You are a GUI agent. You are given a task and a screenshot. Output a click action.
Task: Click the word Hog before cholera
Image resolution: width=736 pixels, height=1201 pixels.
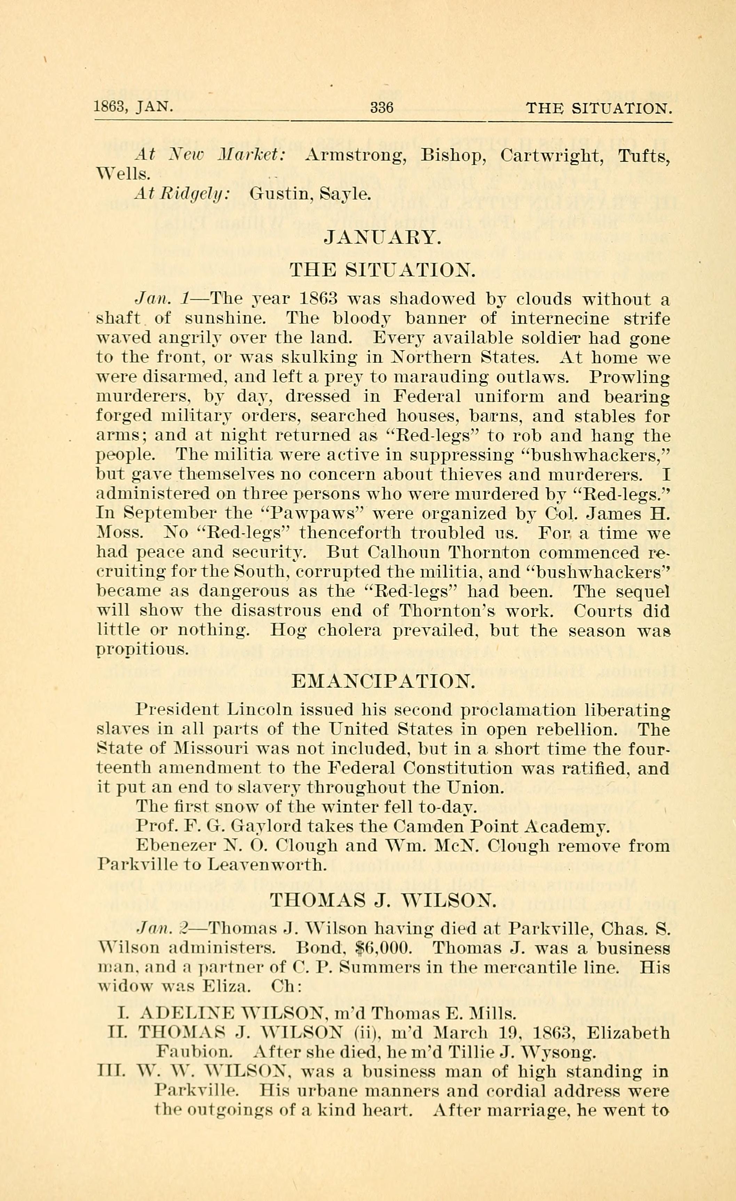pos(288,630)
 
